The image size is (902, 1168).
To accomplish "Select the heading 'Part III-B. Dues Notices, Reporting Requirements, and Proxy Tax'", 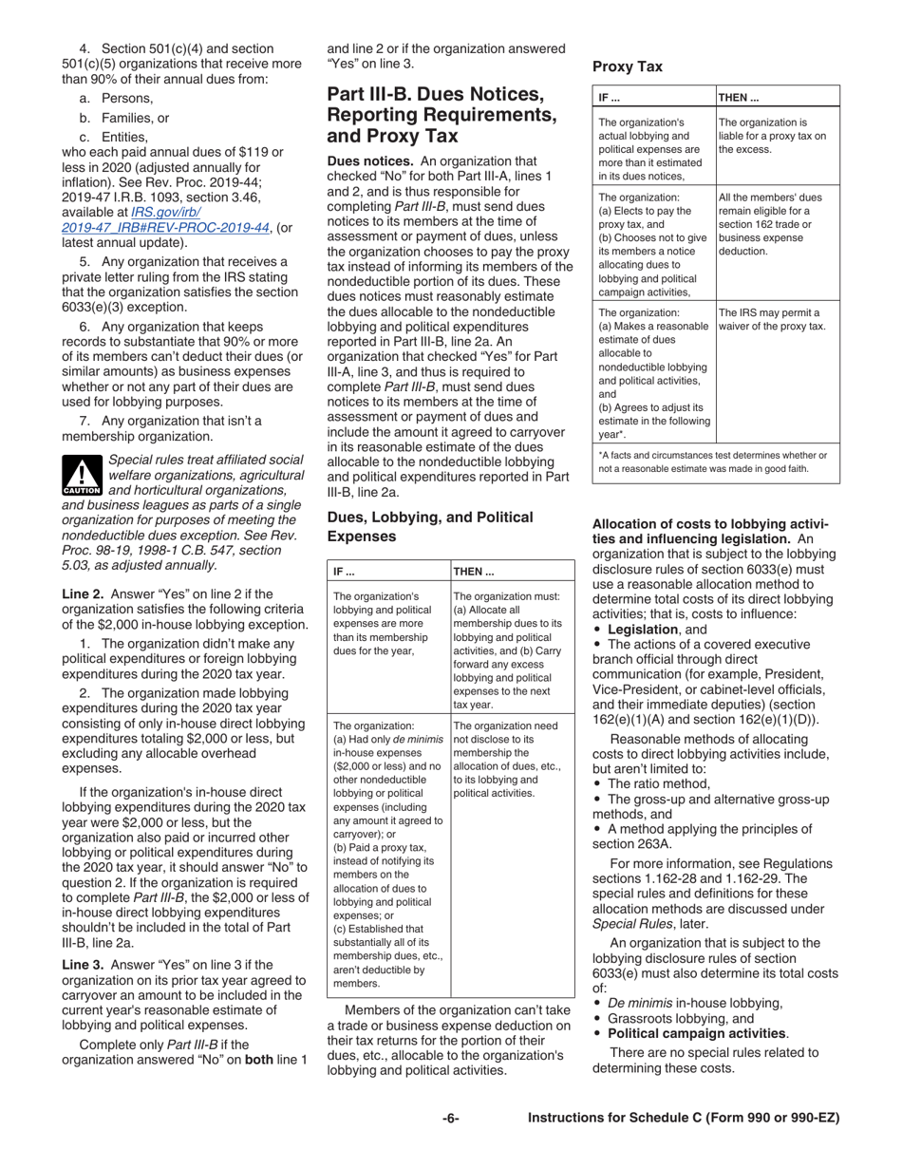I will (x=442, y=115).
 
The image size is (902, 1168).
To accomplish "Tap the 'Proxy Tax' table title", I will (x=627, y=66).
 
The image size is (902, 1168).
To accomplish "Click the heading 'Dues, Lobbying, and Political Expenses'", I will (x=430, y=526).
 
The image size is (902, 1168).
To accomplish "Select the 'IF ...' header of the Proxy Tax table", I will (x=610, y=97).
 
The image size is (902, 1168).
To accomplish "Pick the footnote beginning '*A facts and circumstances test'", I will (x=713, y=462).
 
